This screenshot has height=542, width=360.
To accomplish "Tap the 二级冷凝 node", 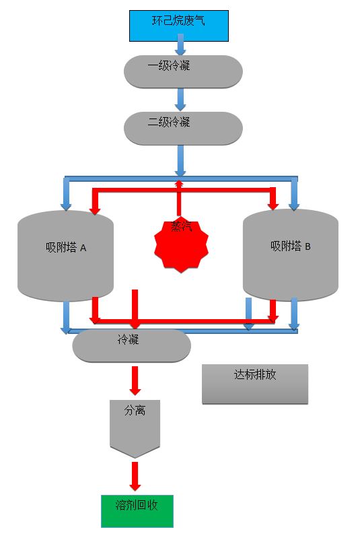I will click(x=183, y=128).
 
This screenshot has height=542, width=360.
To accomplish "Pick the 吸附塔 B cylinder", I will click(x=290, y=255).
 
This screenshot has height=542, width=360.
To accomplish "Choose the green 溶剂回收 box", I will click(x=137, y=511).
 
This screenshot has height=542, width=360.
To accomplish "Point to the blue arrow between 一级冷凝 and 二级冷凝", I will click(x=180, y=99).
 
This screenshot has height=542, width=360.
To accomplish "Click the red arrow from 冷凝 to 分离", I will click(x=135, y=380).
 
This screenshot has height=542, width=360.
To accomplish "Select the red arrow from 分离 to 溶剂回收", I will click(x=135, y=477).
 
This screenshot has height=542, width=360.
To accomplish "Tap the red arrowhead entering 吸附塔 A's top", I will click(x=95, y=208).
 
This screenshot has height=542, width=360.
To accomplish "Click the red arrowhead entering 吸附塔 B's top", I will click(x=273, y=202).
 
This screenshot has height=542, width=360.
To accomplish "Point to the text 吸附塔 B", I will click(x=291, y=246).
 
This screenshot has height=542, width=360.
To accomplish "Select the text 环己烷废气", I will click(x=178, y=21).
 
